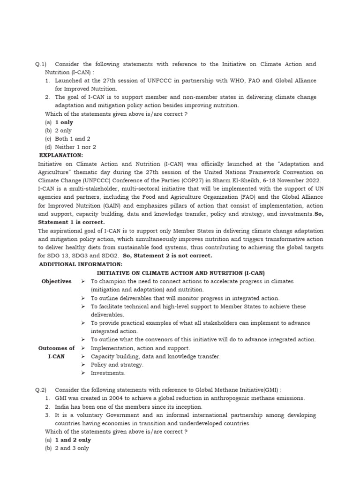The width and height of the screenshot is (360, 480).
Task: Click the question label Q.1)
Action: coord(41,64)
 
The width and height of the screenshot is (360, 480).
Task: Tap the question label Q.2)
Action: coord(41,390)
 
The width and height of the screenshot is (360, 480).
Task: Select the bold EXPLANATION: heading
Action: coord(61,155)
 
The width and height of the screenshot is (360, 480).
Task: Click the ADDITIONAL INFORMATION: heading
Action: coord(80,264)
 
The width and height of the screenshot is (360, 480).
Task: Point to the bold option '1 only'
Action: coord(64,122)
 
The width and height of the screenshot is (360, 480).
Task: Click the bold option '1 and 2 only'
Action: coord(73,440)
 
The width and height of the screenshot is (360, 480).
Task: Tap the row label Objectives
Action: coord(56,281)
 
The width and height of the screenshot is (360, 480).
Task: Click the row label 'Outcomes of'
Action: coord(56,348)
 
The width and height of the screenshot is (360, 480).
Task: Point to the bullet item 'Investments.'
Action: coord(108,373)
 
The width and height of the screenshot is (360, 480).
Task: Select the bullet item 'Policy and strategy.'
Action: coord(117,365)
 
